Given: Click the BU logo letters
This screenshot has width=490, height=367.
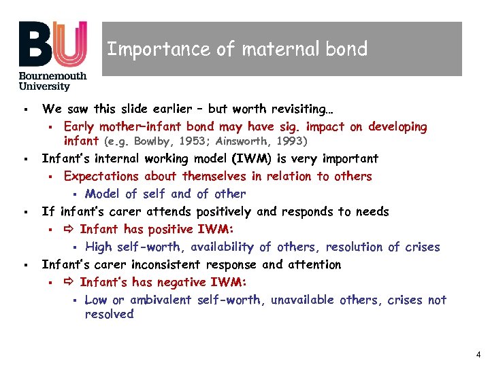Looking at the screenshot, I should coord(53,43).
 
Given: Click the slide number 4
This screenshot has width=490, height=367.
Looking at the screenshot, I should coord(478,354).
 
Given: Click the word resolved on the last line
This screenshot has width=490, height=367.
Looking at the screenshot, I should coord(109,314).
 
